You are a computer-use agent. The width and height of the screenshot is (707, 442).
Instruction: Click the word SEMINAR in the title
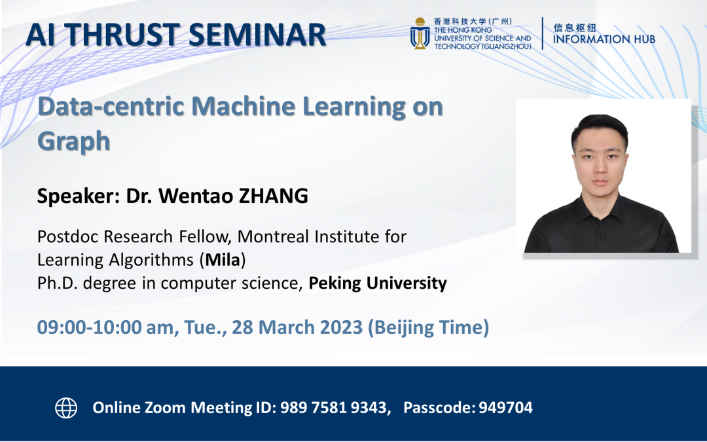257,35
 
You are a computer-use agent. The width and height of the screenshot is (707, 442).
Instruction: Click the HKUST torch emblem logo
420,33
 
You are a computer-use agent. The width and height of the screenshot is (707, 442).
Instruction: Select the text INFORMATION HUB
604,39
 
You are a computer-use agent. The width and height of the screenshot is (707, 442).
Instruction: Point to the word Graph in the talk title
73,141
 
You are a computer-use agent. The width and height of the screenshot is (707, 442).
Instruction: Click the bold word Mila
223,260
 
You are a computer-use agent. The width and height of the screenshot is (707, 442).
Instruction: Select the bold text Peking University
378,284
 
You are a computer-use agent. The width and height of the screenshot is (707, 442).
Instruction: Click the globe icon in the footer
66,408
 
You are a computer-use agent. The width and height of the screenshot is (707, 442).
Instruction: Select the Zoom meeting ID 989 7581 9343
333,408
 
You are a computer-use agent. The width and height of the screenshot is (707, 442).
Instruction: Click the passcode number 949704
505,408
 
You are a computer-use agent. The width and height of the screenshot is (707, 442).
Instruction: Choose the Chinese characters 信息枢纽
575,28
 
